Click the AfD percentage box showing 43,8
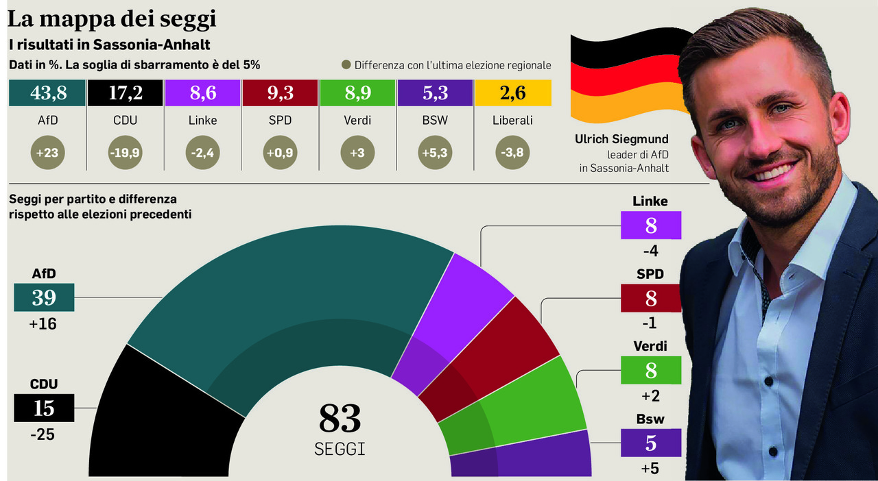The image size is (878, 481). point(47,92)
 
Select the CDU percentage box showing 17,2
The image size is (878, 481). point(125,92)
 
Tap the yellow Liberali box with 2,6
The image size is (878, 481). point(513,92)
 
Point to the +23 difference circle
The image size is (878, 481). point(47,152)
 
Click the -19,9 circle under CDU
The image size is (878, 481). point(125,152)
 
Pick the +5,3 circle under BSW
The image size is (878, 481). point(435,152)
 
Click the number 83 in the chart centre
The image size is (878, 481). point(340,419)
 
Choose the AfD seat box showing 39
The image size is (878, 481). point(44,297)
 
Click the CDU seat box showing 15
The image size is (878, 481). point(44,408)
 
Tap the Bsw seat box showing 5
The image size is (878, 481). point(651,443)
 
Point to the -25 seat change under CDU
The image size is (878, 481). point(43,434)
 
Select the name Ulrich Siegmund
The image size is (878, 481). point(621,139)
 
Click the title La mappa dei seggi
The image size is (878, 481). point(112,18)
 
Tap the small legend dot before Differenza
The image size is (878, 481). point(346,64)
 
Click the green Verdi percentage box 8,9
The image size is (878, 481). point(357,92)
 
